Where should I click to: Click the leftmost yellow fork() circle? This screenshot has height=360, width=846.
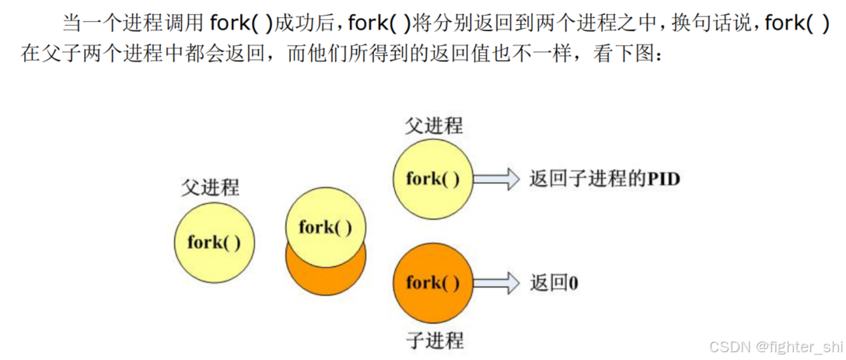point(214,241)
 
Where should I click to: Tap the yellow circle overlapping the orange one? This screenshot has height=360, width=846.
point(325,227)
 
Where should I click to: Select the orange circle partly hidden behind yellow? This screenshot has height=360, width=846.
point(325,272)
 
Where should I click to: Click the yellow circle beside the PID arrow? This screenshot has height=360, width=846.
point(432,179)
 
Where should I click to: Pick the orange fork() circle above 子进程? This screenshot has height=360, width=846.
point(432,282)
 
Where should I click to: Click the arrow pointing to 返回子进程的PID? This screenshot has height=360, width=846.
point(496,179)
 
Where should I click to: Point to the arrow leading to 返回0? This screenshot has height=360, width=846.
point(496,282)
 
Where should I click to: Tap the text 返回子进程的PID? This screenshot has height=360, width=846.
point(604,179)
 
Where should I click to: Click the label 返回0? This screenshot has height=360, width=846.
point(554,282)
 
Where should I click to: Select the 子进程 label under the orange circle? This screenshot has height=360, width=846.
point(434,340)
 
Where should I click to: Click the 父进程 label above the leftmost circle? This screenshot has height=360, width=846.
point(211,187)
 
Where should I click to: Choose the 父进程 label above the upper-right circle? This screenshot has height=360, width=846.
point(433,125)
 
